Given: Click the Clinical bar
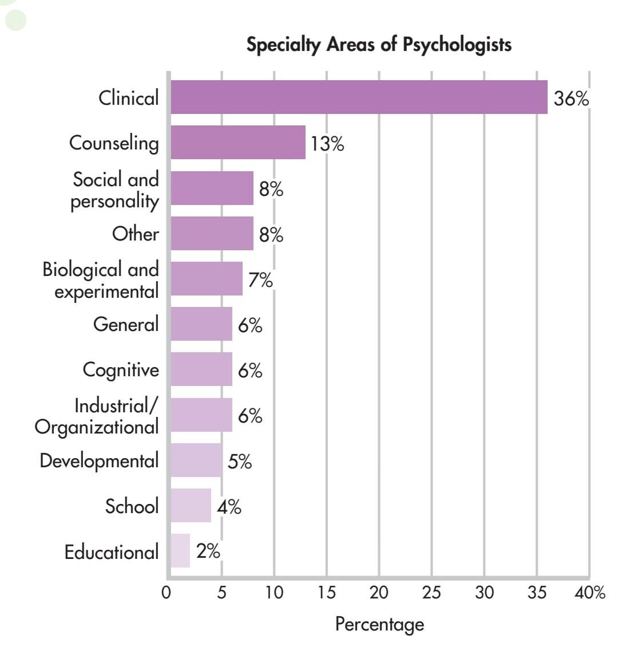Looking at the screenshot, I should [359, 97].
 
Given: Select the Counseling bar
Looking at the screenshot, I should [238, 142].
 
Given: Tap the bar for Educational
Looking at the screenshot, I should [180, 551].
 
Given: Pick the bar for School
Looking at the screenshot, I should [191, 506].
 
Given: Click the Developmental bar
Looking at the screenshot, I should [196, 460].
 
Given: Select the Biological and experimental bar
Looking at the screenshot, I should [207, 279].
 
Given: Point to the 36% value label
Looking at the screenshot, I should [571, 98].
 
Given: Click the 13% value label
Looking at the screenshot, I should [327, 143].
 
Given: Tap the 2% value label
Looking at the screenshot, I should [208, 551].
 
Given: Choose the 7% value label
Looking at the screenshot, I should [260, 280].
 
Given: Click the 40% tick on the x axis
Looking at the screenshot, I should [590, 592].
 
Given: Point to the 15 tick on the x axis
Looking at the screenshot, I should [326, 592].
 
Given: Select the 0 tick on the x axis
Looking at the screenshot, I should [166, 592].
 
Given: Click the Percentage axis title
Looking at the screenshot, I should [379, 624].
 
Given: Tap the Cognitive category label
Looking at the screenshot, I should [121, 369].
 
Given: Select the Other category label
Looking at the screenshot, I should [135, 234].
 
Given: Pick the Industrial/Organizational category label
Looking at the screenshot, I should [97, 416].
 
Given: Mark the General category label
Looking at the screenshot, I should [126, 324].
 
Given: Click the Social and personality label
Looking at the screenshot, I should [114, 190].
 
